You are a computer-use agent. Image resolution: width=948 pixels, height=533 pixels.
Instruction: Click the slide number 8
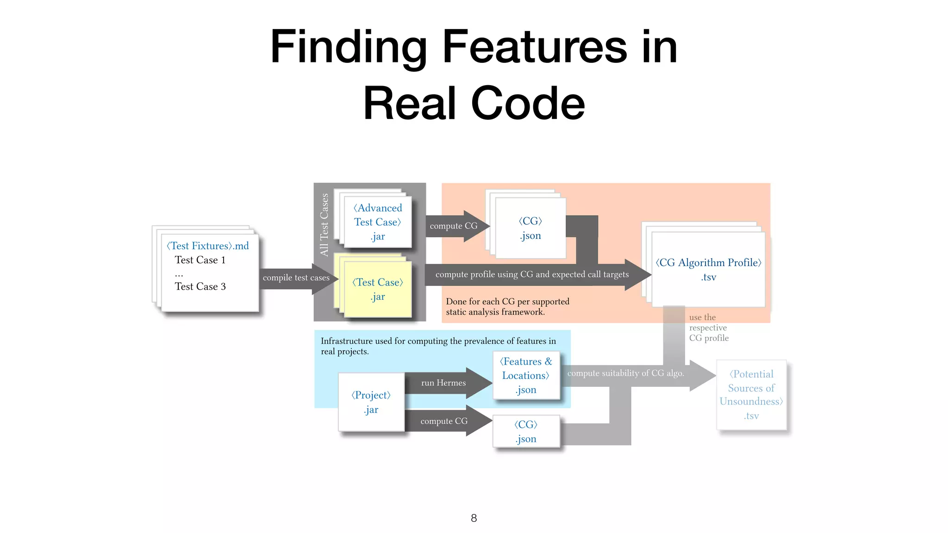point(474,518)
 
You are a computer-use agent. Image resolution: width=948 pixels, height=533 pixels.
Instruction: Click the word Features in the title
point(534,47)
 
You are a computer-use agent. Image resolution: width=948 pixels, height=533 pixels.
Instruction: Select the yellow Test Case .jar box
point(378,289)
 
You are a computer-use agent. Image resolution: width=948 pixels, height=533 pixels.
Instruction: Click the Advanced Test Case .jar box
point(378,222)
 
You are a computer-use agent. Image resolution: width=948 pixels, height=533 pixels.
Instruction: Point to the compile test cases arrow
point(296,278)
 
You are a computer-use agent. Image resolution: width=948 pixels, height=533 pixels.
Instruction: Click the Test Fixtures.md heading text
point(208,246)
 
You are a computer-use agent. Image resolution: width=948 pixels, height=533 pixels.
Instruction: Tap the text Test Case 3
point(200,287)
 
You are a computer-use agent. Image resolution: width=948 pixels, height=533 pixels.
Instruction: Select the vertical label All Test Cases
point(324,225)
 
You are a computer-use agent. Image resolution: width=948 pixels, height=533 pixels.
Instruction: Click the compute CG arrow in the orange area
point(454,226)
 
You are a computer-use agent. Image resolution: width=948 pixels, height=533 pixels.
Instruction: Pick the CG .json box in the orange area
point(530,228)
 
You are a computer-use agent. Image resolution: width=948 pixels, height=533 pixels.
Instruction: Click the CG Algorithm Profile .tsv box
point(708,269)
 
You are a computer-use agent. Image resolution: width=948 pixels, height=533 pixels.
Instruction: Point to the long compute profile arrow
point(532,275)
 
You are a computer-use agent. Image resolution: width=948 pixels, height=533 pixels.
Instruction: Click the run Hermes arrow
point(443,383)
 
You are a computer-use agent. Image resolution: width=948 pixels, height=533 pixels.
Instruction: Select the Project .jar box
point(371,402)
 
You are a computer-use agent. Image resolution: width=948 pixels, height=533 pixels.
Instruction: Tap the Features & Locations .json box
point(526,375)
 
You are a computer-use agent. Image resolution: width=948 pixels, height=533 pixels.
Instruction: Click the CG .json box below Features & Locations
point(526,431)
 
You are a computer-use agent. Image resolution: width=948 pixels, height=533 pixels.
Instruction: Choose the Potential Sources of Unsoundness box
point(751,395)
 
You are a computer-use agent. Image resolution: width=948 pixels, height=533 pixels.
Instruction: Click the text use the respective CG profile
point(708,328)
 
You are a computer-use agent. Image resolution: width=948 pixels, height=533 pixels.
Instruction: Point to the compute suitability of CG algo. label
point(625,373)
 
